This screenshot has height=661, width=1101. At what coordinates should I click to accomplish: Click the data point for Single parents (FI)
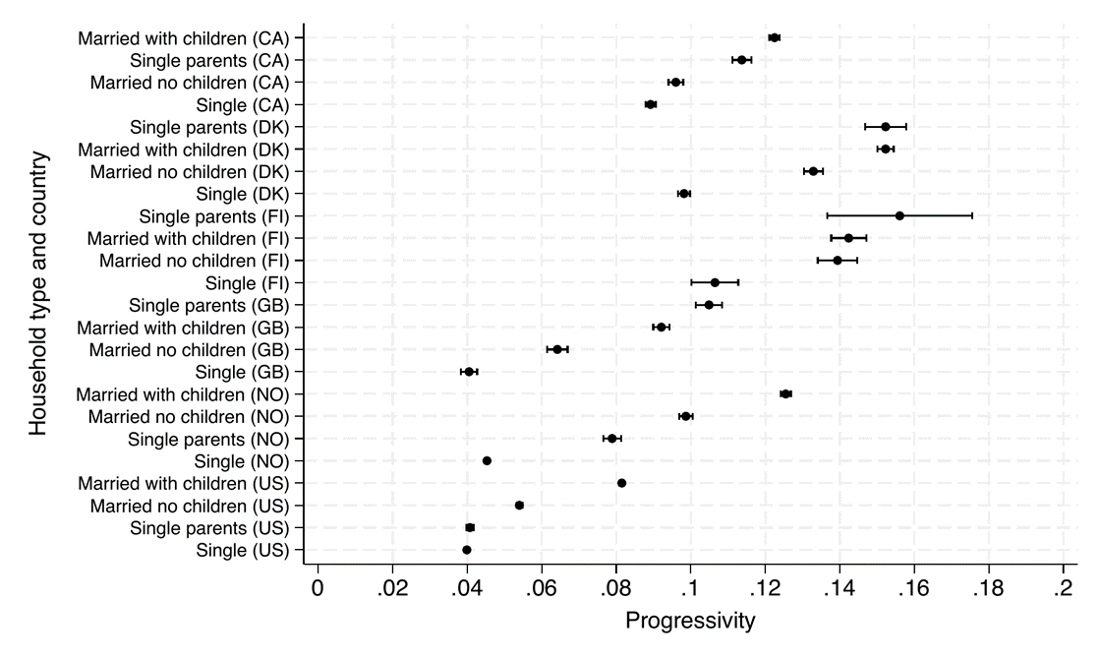pyautogui.click(x=899, y=215)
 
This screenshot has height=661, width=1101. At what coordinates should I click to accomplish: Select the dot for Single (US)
pyautogui.click(x=467, y=550)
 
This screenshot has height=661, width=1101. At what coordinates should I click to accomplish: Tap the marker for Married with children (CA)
pyautogui.click(x=774, y=38)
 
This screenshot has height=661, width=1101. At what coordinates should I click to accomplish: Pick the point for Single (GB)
pyautogui.click(x=469, y=372)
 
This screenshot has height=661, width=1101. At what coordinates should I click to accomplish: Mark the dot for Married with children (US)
pyautogui.click(x=621, y=483)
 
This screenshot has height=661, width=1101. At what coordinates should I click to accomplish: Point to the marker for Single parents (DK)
pyautogui.click(x=886, y=127)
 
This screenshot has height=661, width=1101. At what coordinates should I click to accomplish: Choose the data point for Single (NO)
pyautogui.click(x=487, y=460)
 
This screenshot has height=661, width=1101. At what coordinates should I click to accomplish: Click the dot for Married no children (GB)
pyautogui.click(x=557, y=349)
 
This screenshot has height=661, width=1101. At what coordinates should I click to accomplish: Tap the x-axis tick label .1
pyautogui.click(x=690, y=588)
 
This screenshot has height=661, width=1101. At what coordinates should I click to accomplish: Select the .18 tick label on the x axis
pyautogui.click(x=989, y=588)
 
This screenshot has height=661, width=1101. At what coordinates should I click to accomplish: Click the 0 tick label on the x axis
pyautogui.click(x=319, y=588)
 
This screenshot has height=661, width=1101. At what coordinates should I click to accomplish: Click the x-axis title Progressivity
pyautogui.click(x=690, y=621)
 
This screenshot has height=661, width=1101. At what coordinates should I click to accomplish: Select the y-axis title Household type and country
pyautogui.click(x=38, y=294)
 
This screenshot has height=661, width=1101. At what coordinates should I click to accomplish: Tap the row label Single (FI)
pyautogui.click(x=247, y=283)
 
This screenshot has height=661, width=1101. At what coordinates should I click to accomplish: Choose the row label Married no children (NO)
pyautogui.click(x=189, y=416)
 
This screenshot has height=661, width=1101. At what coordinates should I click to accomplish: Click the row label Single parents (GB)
pyautogui.click(x=209, y=306)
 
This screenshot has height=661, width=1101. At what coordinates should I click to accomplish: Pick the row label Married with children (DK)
pyautogui.click(x=184, y=150)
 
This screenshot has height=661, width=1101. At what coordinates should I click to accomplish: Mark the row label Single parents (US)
pyautogui.click(x=210, y=528)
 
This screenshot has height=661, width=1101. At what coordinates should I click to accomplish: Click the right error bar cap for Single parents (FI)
pyautogui.click(x=972, y=215)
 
